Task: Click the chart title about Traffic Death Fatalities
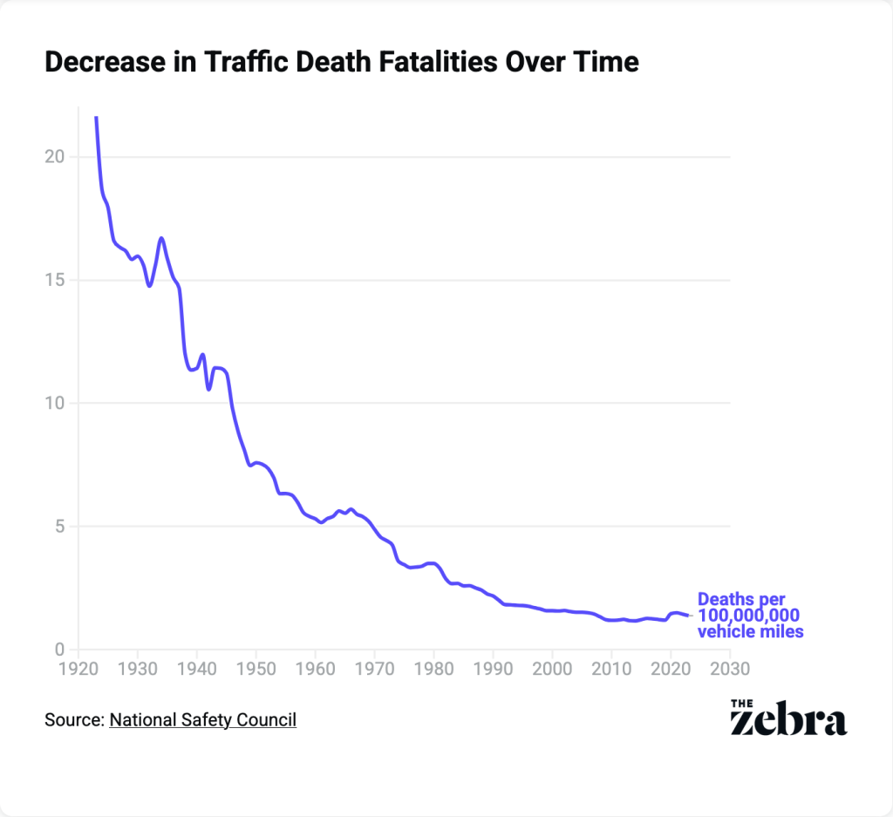click(341, 63)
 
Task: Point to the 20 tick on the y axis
click(55, 157)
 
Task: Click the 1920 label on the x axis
click(78, 669)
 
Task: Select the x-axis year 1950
click(256, 669)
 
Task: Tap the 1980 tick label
click(433, 669)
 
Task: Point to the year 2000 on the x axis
click(552, 669)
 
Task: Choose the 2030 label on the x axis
click(729, 669)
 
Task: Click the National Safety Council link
click(202, 720)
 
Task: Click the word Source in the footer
click(72, 720)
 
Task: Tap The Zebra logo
click(787, 716)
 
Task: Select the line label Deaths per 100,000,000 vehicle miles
click(750, 616)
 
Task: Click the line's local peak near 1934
click(161, 238)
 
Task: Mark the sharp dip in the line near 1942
click(208, 388)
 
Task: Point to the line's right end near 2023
click(688, 616)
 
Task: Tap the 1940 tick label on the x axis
click(197, 669)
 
